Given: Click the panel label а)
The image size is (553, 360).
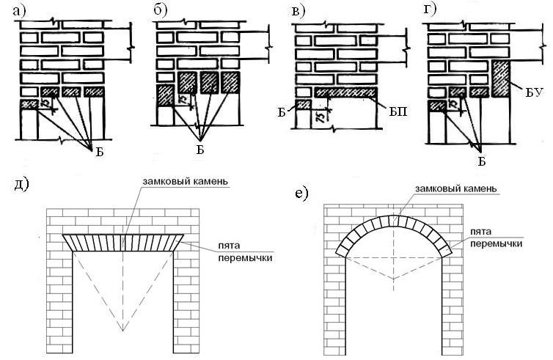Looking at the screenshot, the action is point(19,11).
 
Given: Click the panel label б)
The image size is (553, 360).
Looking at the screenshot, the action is point(161,11).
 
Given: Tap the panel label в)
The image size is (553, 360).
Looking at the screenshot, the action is point(298,11).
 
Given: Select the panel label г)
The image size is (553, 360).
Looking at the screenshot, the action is point(430,10).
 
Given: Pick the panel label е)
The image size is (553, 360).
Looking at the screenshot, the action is point(302,194).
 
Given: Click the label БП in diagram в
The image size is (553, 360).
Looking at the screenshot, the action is point(398,111).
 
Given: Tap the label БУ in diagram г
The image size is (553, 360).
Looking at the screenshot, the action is point(532,94).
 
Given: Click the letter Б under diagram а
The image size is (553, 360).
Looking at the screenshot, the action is point(100,153).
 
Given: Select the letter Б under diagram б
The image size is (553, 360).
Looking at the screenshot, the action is point(200,150).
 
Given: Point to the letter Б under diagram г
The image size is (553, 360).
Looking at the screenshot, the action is point(482,161).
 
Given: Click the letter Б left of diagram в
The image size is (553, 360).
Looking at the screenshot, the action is point(282,113).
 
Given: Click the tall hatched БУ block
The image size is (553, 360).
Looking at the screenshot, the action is point(500,78).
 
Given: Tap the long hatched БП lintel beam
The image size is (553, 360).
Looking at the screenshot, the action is point(345,92).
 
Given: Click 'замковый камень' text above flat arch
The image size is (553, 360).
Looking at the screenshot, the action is point(185,181).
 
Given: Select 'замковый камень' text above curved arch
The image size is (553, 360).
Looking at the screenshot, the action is point(455,188).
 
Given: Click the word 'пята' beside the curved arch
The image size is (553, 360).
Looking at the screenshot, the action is point(480,232).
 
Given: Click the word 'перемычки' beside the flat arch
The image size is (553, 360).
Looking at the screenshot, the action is point(246,258).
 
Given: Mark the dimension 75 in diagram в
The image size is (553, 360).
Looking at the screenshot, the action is point(322,117).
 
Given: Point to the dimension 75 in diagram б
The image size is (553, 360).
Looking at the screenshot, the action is point(183,100).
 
